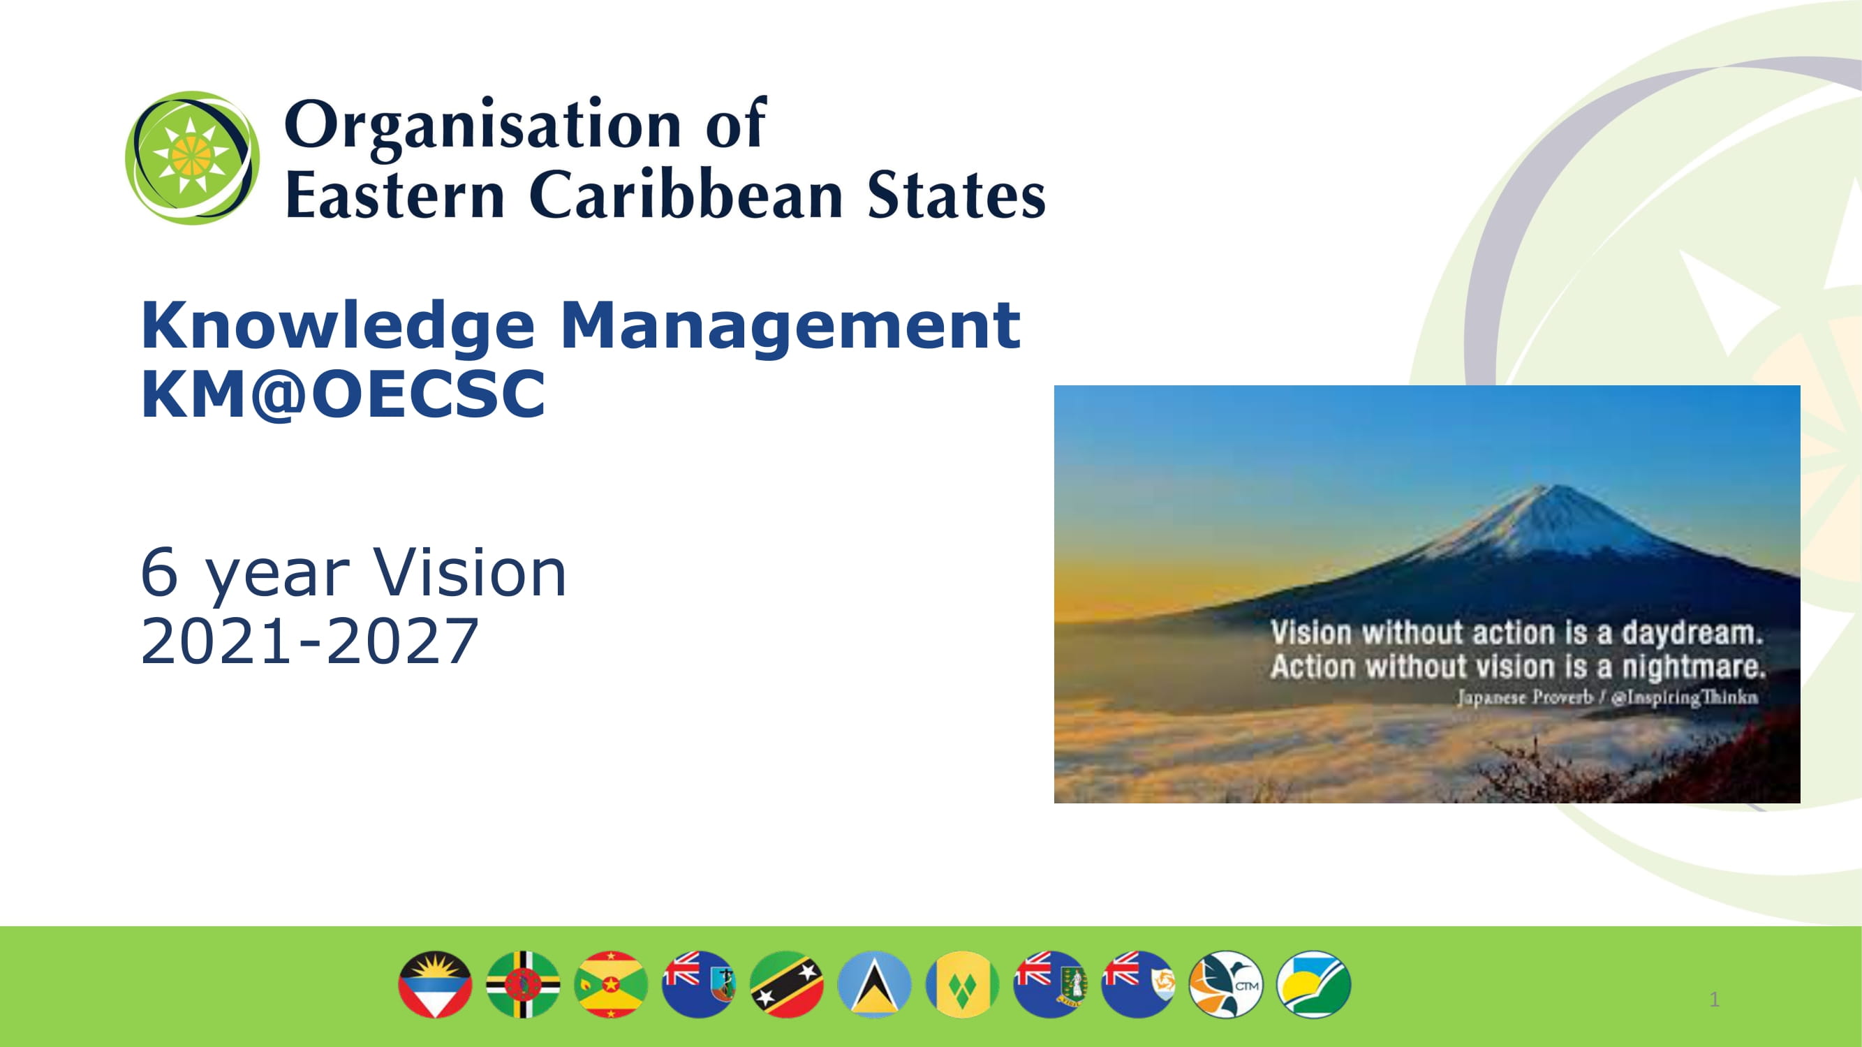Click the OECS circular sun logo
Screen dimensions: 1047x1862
(x=191, y=157)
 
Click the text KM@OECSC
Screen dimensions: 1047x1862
(x=343, y=394)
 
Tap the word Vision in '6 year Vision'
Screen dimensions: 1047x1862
(x=469, y=572)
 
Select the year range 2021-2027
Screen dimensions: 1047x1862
(x=309, y=641)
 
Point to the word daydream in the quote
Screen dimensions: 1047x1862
(x=1692, y=633)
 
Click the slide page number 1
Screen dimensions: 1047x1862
(x=1714, y=1000)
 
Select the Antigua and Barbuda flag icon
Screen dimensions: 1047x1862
(x=435, y=984)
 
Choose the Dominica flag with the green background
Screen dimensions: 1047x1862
(x=523, y=984)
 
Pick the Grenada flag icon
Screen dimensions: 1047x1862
(x=611, y=984)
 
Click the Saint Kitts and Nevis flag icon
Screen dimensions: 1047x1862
(x=786, y=984)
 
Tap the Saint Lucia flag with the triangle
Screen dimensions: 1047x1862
(x=874, y=984)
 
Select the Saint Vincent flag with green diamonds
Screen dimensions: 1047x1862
(x=962, y=984)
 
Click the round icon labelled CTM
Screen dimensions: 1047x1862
(x=1225, y=984)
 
